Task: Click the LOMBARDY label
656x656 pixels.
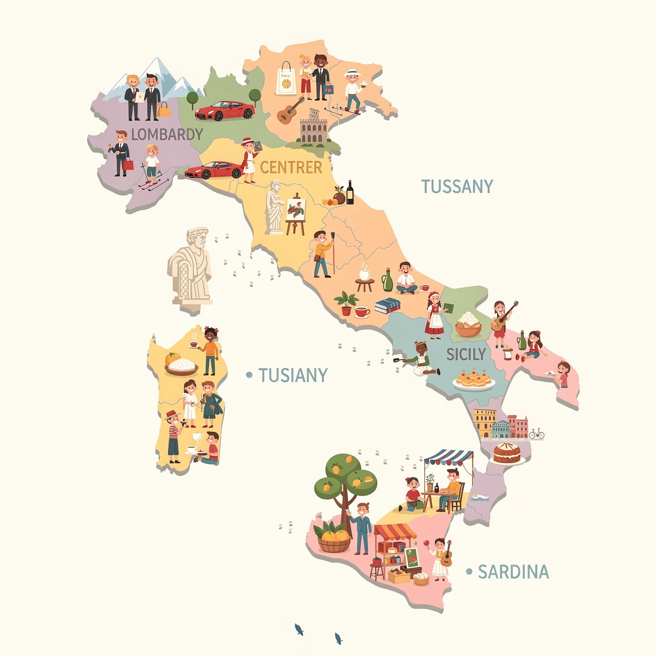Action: [167, 134]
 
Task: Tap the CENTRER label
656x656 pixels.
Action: [291, 168]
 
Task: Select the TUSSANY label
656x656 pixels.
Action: [457, 187]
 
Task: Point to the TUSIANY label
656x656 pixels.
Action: [293, 375]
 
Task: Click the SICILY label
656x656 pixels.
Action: [466, 354]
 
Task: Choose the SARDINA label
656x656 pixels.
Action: [513, 572]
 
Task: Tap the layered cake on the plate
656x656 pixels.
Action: [507, 453]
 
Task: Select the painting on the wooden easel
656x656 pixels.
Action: [296, 210]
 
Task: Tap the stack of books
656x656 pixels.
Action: [388, 306]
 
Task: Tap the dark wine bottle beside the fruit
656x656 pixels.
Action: [350, 192]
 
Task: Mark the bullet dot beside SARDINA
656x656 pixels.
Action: [469, 571]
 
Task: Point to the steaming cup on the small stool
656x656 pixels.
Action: [364, 274]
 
